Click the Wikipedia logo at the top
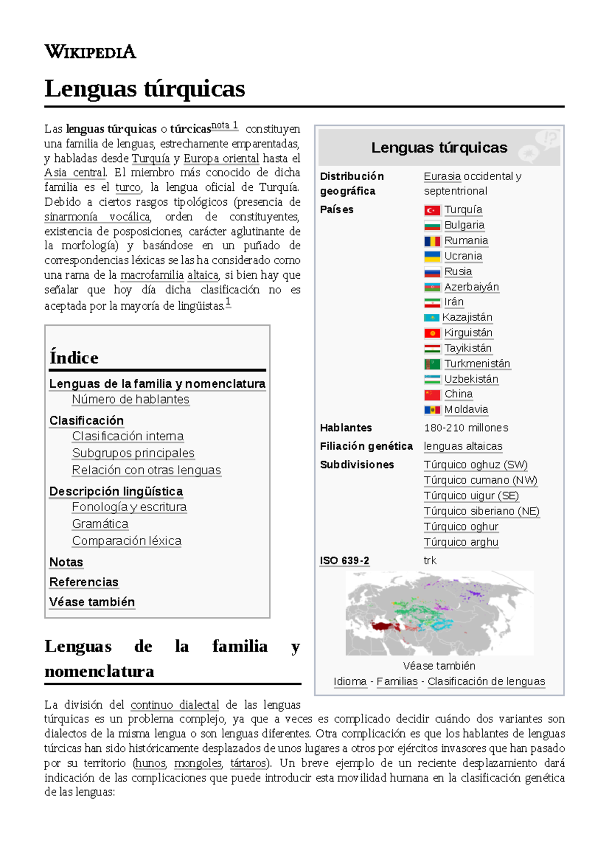[90, 52]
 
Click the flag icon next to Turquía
[432, 210]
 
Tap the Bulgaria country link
[464, 225]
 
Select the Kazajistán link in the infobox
[467, 317]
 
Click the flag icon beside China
[432, 394]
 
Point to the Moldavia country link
[466, 409]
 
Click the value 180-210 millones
[466, 427]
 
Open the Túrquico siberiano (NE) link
[481, 511]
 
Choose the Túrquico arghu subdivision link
[461, 542]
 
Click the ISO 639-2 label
[344, 560]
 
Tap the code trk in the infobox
[430, 560]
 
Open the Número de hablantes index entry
[130, 399]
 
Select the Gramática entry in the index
[100, 523]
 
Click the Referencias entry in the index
[84, 582]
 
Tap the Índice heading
[74, 357]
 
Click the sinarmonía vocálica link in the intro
[97, 217]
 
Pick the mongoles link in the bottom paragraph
[198, 763]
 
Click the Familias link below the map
[397, 681]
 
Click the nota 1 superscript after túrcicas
[224, 125]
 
